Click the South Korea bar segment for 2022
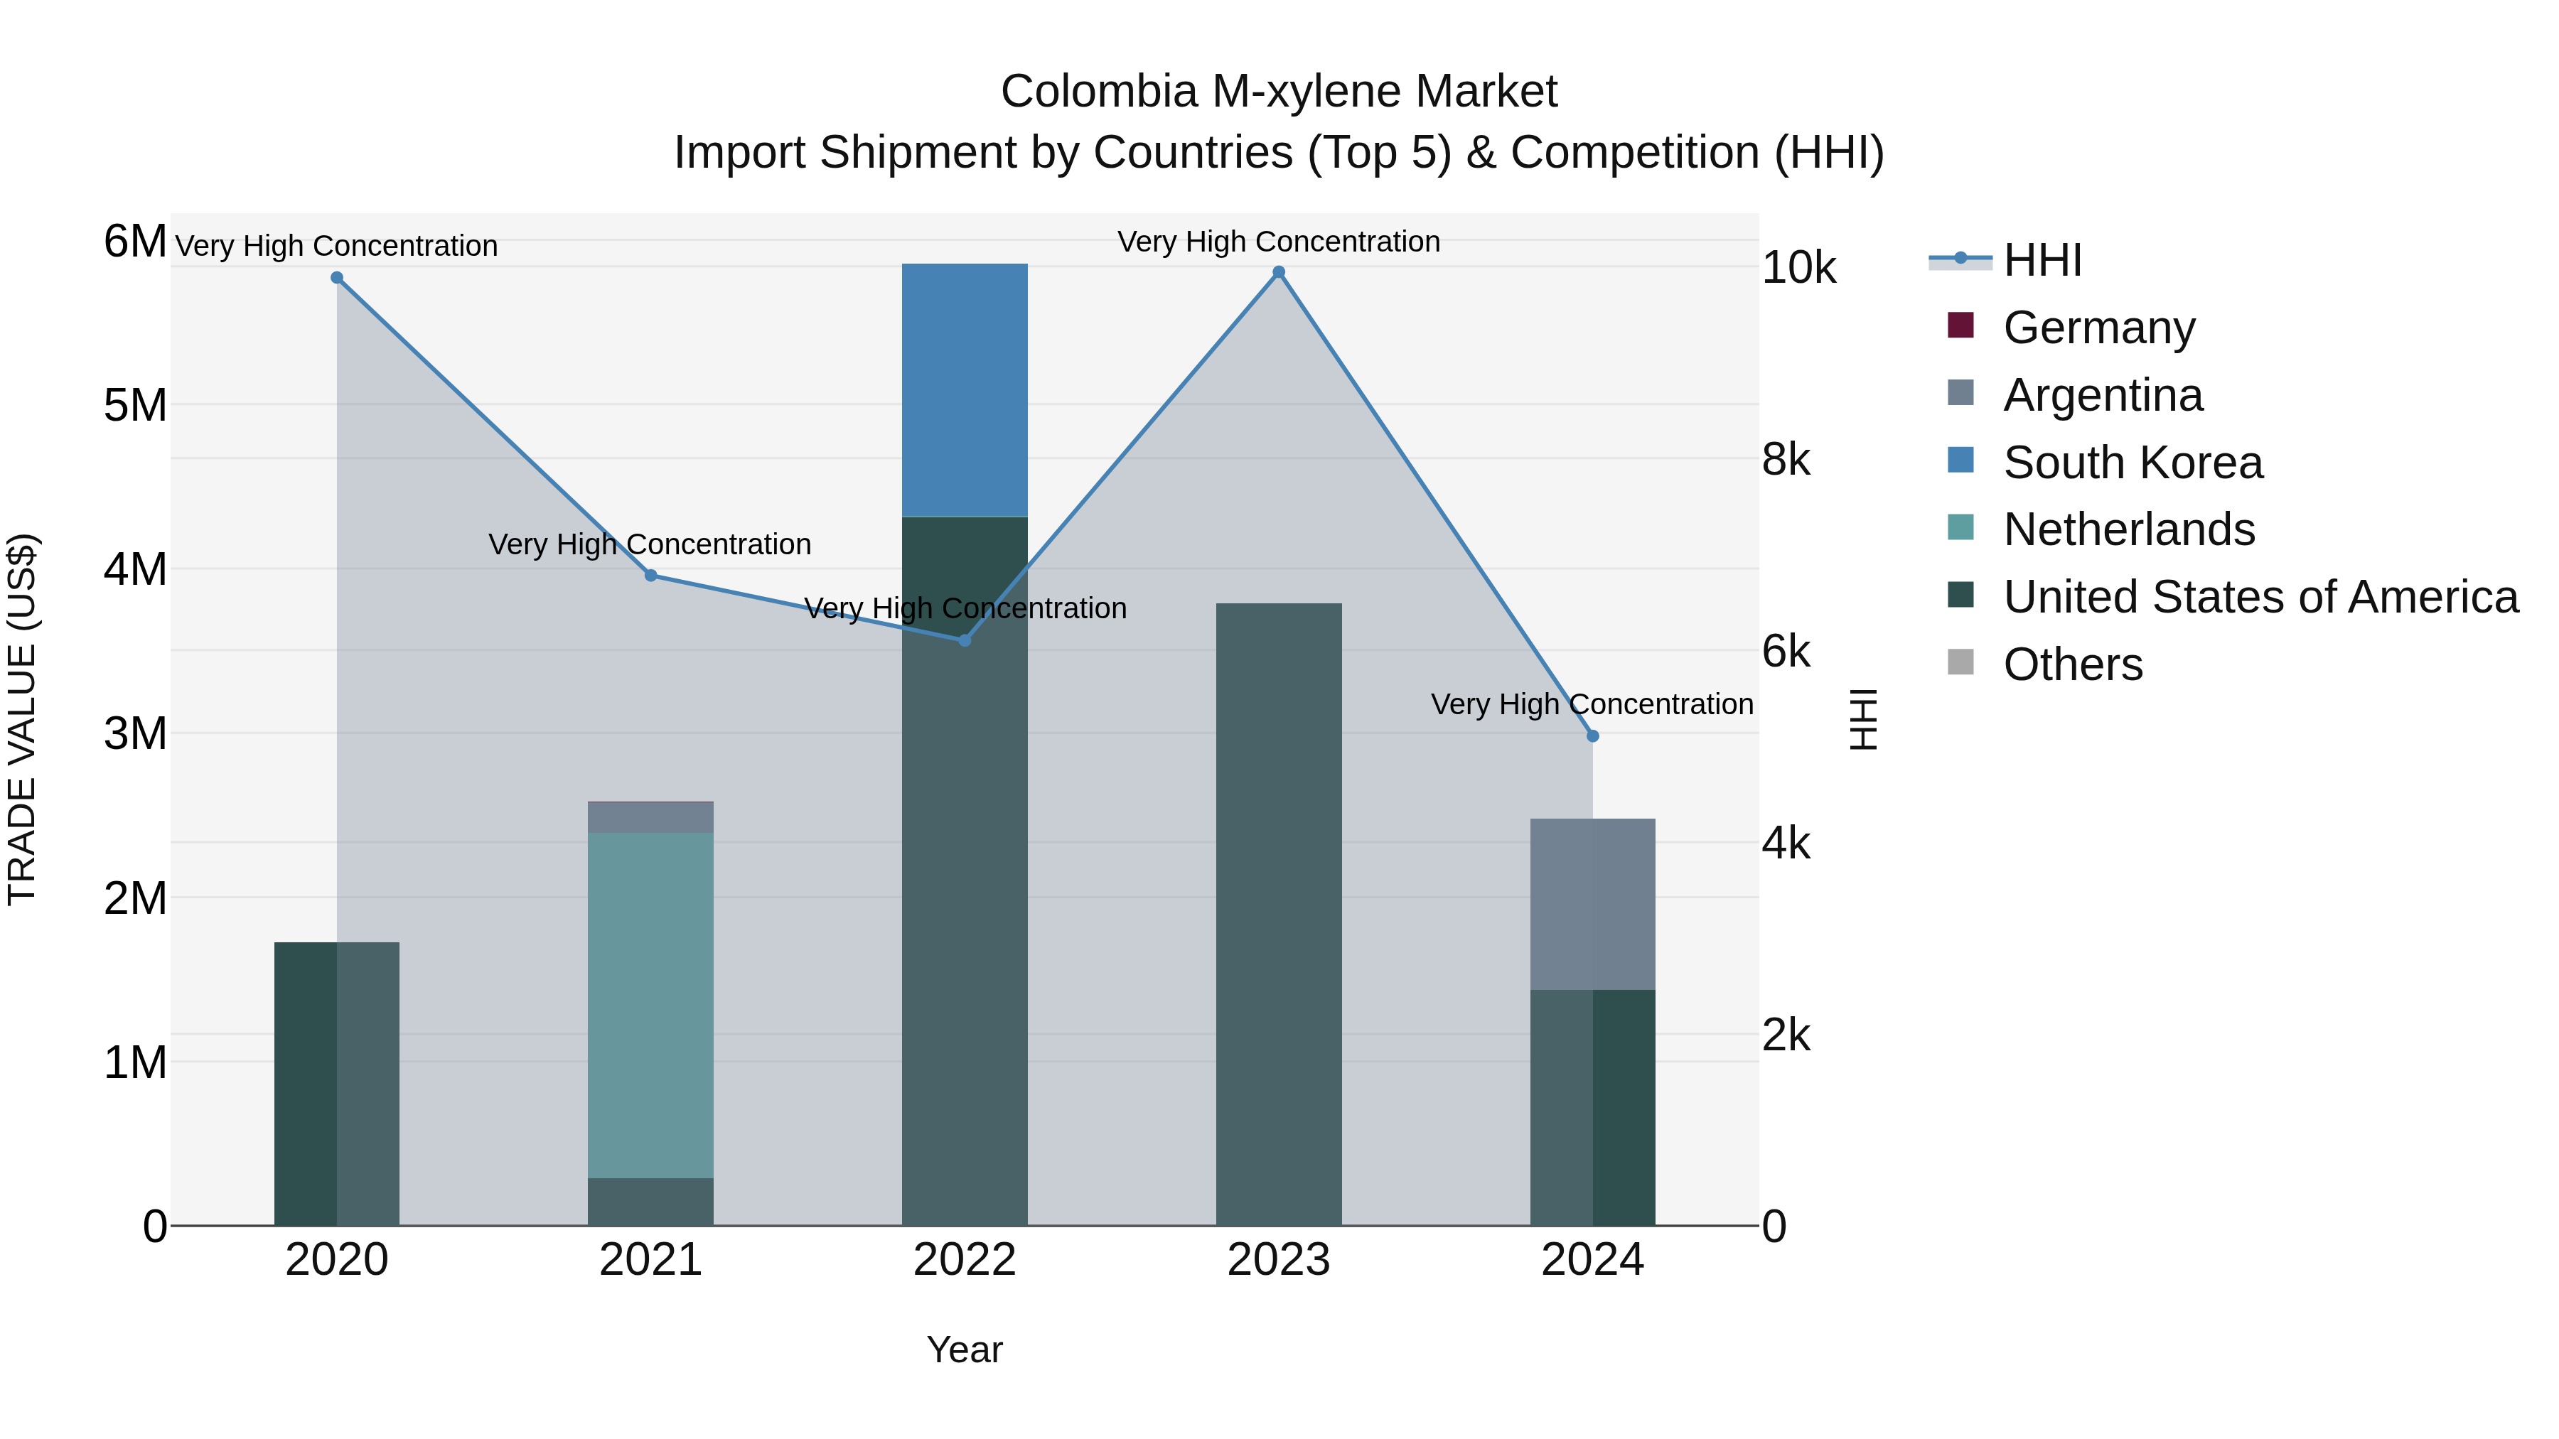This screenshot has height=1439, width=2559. pyautogui.click(x=964, y=390)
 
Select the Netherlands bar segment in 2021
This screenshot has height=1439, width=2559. pyautogui.click(x=650, y=1005)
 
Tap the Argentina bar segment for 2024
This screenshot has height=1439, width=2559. pyautogui.click(x=1592, y=904)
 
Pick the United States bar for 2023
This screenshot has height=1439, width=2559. pyautogui.click(x=1279, y=914)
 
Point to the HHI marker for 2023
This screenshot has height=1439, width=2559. pyautogui.click(x=1279, y=272)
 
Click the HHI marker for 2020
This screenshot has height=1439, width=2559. pyautogui.click(x=337, y=278)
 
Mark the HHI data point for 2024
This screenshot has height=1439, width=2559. pyautogui.click(x=1592, y=736)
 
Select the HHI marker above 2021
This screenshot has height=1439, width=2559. pyautogui.click(x=650, y=575)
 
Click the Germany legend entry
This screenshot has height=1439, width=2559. pyautogui.click(x=2098, y=328)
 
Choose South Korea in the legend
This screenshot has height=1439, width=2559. pyautogui.click(x=2132, y=463)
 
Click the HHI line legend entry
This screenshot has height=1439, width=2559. pyautogui.click(x=2042, y=260)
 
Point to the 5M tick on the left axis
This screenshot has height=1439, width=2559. pyautogui.click(x=135, y=405)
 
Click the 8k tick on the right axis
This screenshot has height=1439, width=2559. pyautogui.click(x=1786, y=460)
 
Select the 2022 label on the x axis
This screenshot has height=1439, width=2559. pyautogui.click(x=964, y=1260)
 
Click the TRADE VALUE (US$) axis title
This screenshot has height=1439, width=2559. pyautogui.click(x=23, y=719)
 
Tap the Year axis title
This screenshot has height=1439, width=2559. pyautogui.click(x=964, y=1349)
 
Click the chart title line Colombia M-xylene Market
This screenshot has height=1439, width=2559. pyautogui.click(x=1279, y=92)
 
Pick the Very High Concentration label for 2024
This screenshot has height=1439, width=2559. pyautogui.click(x=1592, y=704)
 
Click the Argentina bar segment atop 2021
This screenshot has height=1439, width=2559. pyautogui.click(x=650, y=817)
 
